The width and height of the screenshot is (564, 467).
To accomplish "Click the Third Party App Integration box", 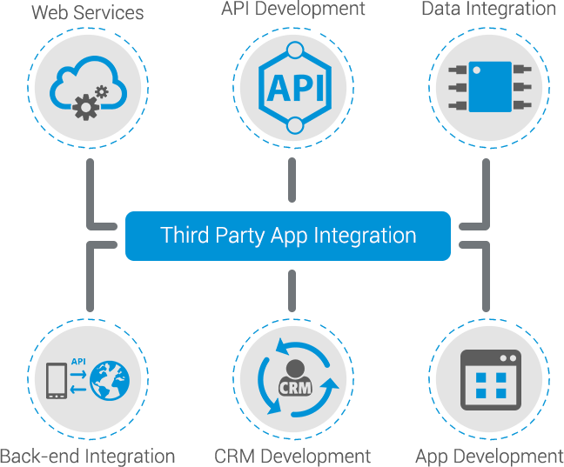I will click(288, 236).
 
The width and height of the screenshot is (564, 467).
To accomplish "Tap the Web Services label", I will click(86, 11).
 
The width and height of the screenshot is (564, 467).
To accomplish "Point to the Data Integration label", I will click(487, 10).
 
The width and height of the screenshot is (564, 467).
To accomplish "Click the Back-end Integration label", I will click(88, 457).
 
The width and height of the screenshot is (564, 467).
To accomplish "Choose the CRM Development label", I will click(292, 457).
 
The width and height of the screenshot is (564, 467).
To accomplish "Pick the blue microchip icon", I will click(489, 87).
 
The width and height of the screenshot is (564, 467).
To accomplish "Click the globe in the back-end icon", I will click(109, 379).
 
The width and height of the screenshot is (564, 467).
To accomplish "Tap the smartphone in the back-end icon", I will click(58, 380).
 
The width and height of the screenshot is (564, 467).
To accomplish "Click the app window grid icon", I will click(489, 380).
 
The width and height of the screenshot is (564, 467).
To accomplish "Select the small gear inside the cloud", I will click(102, 90).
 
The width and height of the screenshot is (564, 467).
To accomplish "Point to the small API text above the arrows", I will click(77, 360).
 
